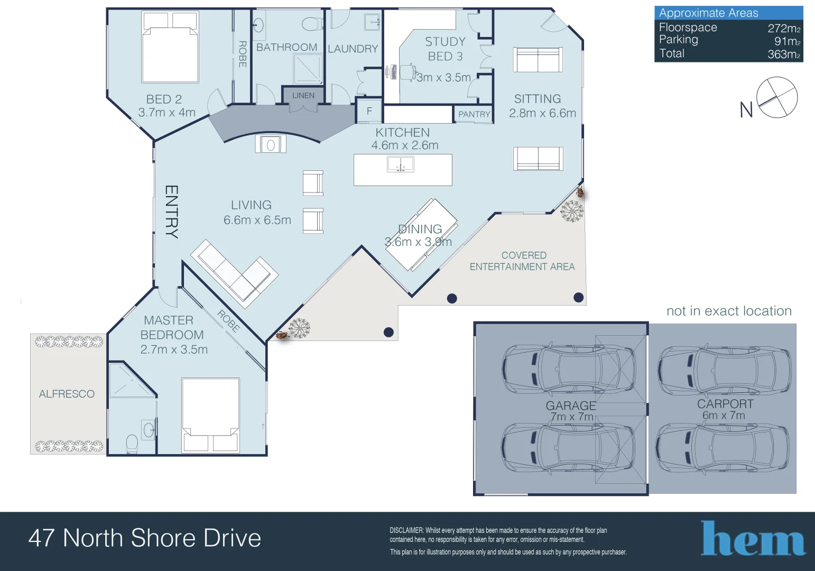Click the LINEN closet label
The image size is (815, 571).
coord(303,95)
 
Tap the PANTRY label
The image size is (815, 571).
coord(474,114)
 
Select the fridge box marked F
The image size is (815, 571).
coord(369,110)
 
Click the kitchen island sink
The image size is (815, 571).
coord(400,164)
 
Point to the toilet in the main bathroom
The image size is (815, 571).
coord(312,24)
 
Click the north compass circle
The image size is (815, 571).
coord(777,97)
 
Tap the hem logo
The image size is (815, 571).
coord(753,538)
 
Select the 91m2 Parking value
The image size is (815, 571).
coord(787,41)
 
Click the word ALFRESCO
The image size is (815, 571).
coord(67,394)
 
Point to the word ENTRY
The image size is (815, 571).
coord(172,212)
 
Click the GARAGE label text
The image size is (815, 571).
coord(570,406)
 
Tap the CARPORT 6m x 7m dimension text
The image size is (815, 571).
coord(724,415)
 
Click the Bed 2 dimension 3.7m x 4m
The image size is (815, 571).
coord(166,112)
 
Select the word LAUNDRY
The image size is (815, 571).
coord(353,49)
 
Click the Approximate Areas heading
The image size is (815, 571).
coord(708,13)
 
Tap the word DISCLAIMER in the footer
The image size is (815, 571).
coord(406,530)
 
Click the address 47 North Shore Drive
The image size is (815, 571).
coord(145,538)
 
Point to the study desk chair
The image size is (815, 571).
coord(408,72)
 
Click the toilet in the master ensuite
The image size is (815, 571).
coord(132,444)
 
